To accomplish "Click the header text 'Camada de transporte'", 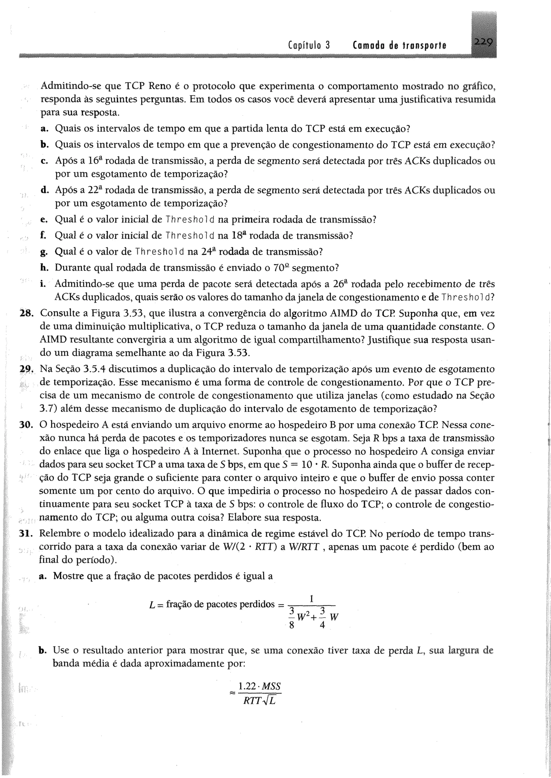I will click(399, 45).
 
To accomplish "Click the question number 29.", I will click(26, 369).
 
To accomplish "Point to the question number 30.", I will click(26, 425).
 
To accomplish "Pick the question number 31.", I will click(26, 533).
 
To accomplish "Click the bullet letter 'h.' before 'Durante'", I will click(44, 268).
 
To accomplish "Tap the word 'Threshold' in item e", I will click(190, 220).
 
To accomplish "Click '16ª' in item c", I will click(95, 160).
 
